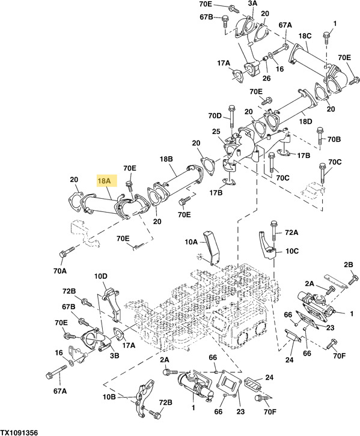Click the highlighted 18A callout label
[105, 180]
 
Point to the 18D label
[306, 121]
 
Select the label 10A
[191, 242]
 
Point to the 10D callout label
[100, 276]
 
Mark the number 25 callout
[216, 132]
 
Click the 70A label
[59, 271]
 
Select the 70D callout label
[215, 115]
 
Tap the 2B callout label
[348, 265]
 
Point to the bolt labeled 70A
[64, 255]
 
